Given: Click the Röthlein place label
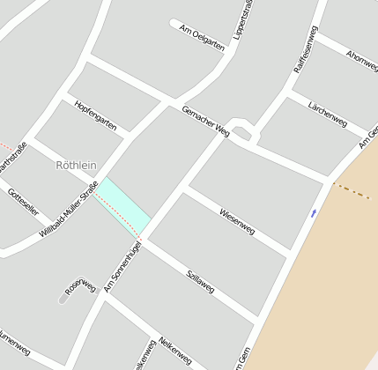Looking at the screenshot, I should coord(76,165).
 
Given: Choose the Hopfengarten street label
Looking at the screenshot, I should coord(96,115).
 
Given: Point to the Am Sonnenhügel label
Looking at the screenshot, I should coord(122,266).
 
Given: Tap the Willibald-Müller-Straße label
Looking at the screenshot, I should coord(69,209).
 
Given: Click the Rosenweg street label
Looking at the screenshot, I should coord(81,285).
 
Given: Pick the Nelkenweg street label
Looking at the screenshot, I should coord(174,350).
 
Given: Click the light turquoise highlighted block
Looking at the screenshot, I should coord(123,203).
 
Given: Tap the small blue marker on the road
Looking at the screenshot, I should coord(314,212).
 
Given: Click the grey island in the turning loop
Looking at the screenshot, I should coord(243,133).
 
